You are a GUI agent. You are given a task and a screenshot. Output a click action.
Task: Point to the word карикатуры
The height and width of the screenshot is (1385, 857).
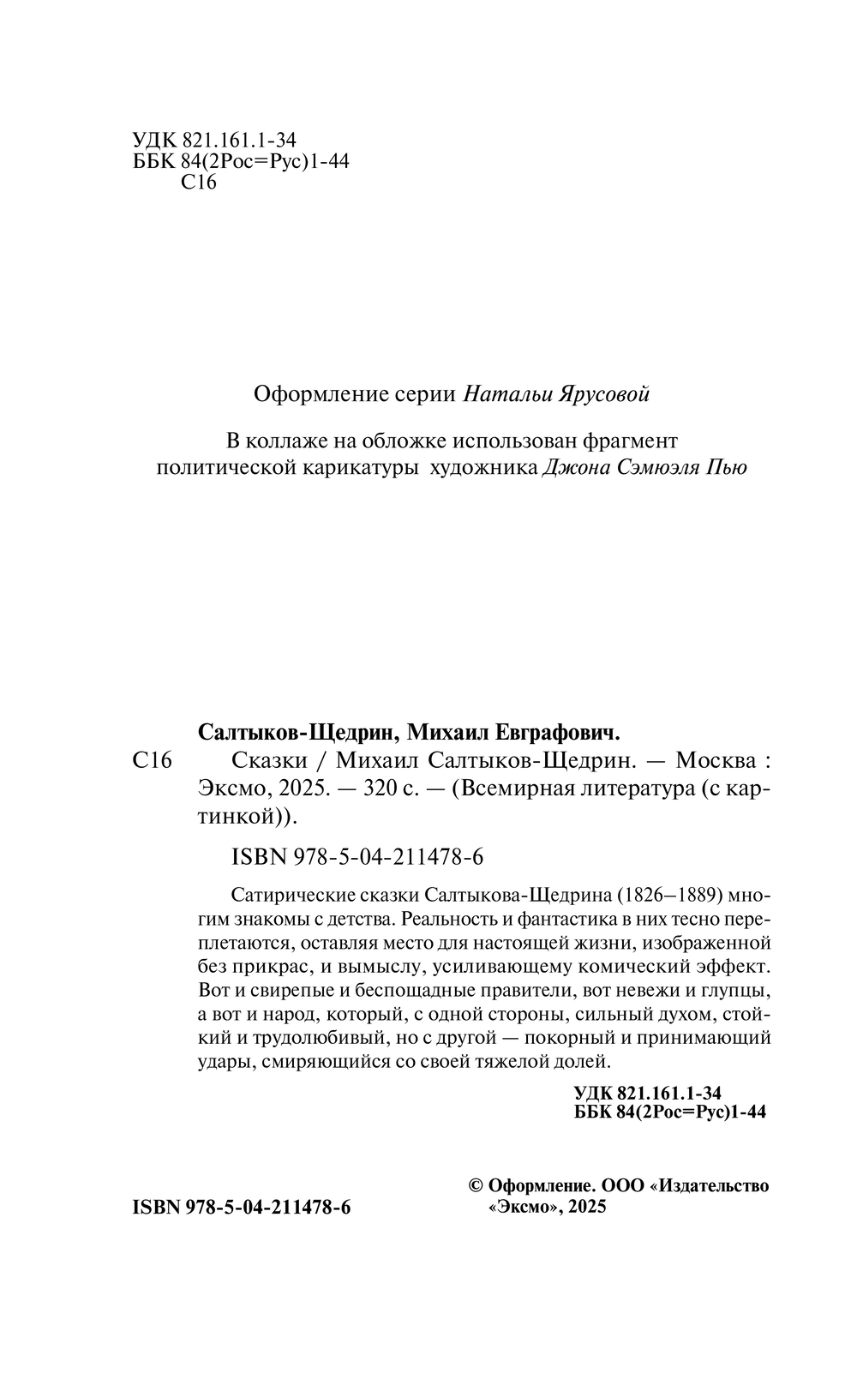(365, 469)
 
